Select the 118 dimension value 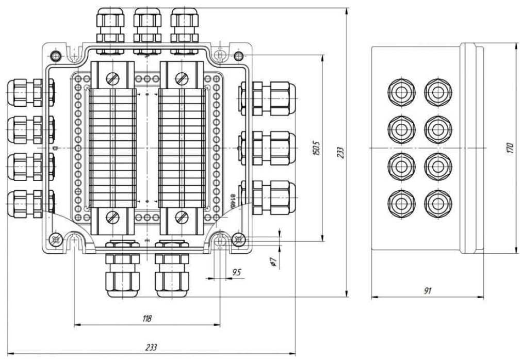[x=147, y=319]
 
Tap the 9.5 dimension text [x=237, y=272]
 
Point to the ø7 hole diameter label [x=273, y=261]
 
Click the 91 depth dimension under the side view [x=428, y=291]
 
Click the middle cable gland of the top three [x=148, y=26]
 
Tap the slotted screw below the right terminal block [x=181, y=217]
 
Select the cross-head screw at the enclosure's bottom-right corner [x=238, y=239]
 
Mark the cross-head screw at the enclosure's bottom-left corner [x=56, y=239]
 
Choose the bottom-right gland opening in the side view [x=438, y=203]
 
